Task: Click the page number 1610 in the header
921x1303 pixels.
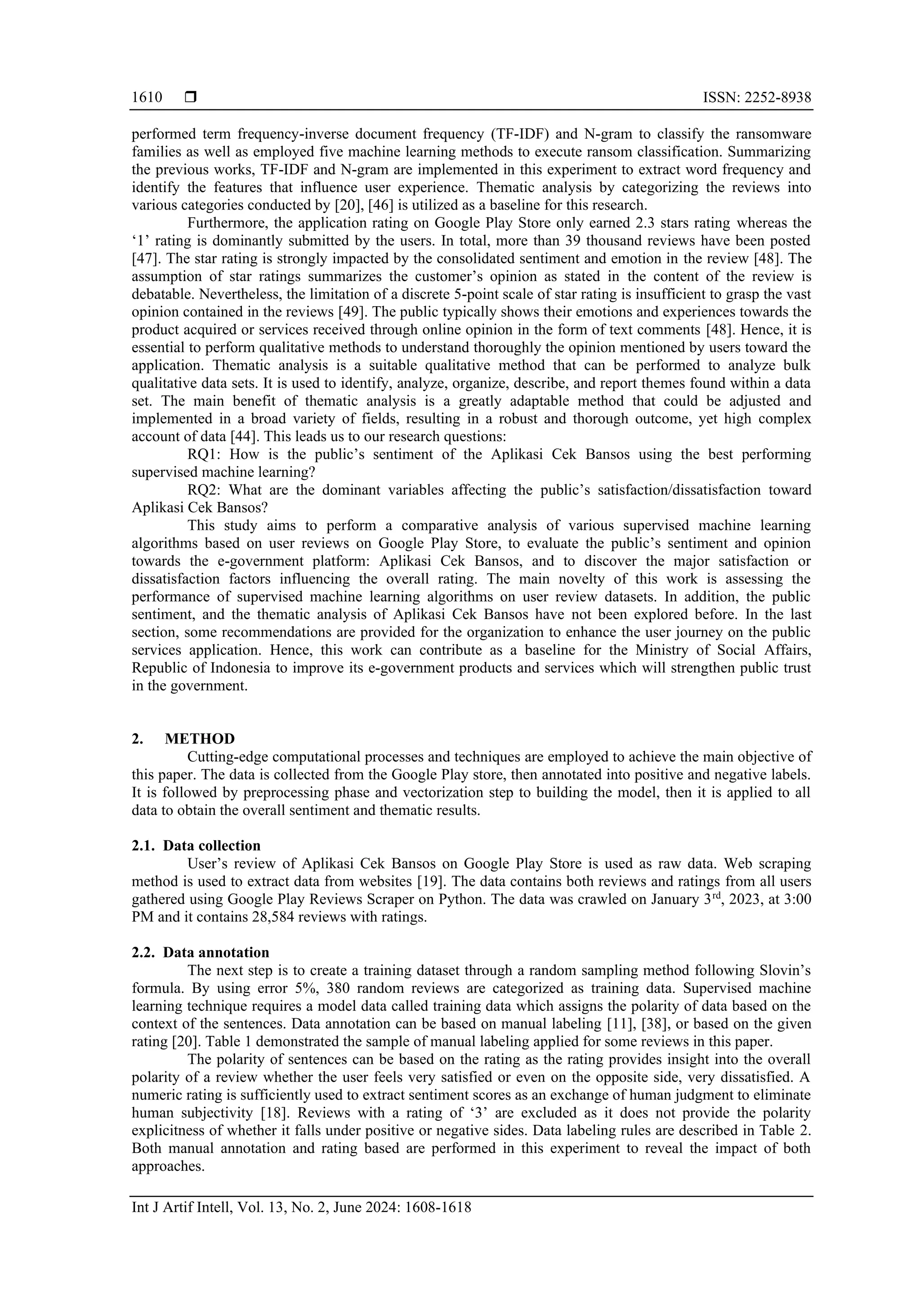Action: click(147, 98)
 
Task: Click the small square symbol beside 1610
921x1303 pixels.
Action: click(191, 98)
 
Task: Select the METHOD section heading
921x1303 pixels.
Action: click(199, 739)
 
